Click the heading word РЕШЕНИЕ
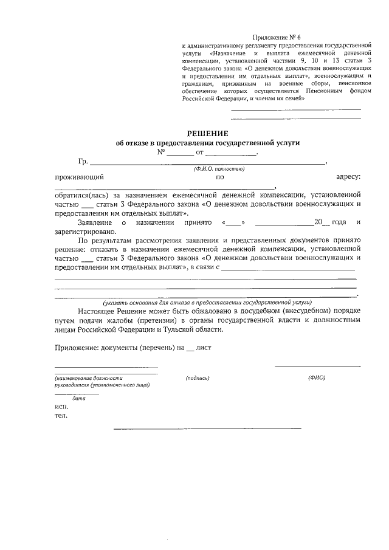pyautogui.click(x=207, y=133)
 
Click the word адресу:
pyautogui.click(x=348, y=177)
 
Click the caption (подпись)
pyautogui.click(x=198, y=378)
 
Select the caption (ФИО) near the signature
pyautogui.click(x=317, y=378)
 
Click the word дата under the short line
pyautogui.click(x=78, y=398)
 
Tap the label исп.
pyautogui.click(x=61, y=407)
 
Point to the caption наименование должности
pyautogui.click(x=88, y=378)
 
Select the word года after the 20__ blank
pyautogui.click(x=341, y=222)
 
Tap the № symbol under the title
pyautogui.click(x=161, y=152)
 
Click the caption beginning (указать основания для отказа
pyautogui.click(x=207, y=301)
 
